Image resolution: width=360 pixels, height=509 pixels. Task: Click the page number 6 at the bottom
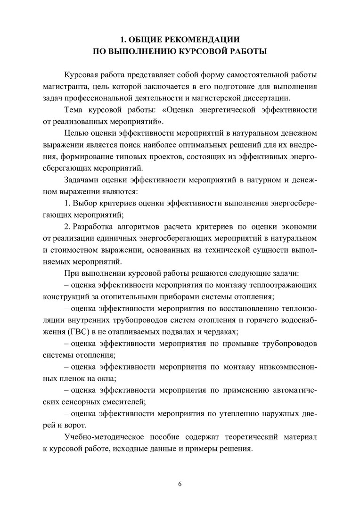(x=180, y=484)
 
